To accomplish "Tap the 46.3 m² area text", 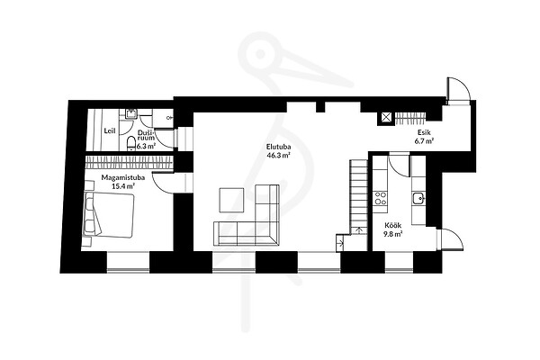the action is (x=278, y=155).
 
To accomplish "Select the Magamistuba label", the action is (x=123, y=178).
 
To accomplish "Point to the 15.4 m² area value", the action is (x=123, y=186).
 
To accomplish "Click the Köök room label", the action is (x=393, y=226).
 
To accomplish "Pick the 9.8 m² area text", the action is (x=393, y=234).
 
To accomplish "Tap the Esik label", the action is (x=424, y=132).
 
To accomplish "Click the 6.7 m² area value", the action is (x=424, y=140).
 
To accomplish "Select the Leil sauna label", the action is (x=110, y=130).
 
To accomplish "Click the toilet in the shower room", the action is (x=131, y=143).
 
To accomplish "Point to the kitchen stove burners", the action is (x=380, y=198).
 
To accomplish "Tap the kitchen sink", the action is (x=418, y=198).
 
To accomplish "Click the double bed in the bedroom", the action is (x=108, y=215).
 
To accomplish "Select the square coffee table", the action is (x=231, y=200).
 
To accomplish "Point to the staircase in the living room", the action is (x=358, y=197).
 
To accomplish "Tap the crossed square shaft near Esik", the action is (x=385, y=118).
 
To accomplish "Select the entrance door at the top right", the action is (x=457, y=89).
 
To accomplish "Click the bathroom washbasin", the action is (x=131, y=113).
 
